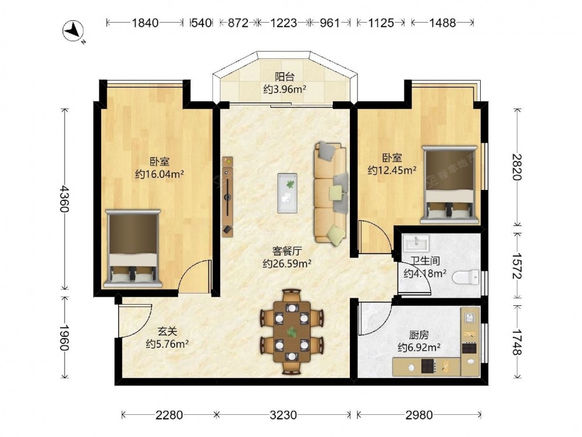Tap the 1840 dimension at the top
(x=145, y=23)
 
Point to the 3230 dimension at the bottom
(x=283, y=414)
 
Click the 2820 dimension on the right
(x=517, y=167)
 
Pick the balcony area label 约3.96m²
(x=285, y=89)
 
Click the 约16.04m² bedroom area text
(x=159, y=174)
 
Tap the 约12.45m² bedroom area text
(x=392, y=170)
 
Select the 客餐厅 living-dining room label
(x=287, y=251)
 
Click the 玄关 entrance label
(x=168, y=331)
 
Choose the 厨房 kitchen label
(x=419, y=335)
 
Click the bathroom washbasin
(x=417, y=244)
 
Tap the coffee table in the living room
(x=288, y=193)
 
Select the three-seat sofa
(x=331, y=193)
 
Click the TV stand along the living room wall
(x=227, y=196)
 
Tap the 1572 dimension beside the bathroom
(x=517, y=266)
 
